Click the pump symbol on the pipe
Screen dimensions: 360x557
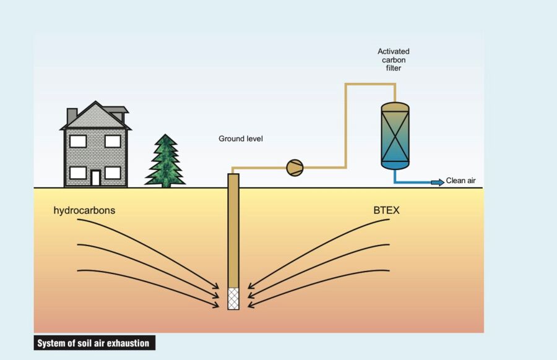pyautogui.click(x=295, y=168)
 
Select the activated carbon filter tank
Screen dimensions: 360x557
pyautogui.click(x=395, y=134)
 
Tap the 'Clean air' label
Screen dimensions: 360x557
pyautogui.click(x=461, y=181)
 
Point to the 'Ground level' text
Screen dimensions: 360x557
pyautogui.click(x=241, y=139)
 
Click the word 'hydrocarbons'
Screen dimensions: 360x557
pyautogui.click(x=84, y=210)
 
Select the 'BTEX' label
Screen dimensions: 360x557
pyautogui.click(x=387, y=210)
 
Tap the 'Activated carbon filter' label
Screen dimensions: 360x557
pyautogui.click(x=394, y=60)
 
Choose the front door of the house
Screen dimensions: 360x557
pyautogui.click(x=95, y=178)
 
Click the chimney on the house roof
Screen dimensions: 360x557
pyautogui.click(x=72, y=115)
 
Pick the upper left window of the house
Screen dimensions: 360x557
pyautogui.click(x=78, y=141)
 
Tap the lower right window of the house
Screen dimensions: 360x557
pyautogui.click(x=113, y=173)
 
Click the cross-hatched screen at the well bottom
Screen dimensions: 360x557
pyautogui.click(x=233, y=298)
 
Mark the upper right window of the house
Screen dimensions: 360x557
pyautogui.click(x=113, y=141)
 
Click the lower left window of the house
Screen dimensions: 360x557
pyautogui.click(x=78, y=173)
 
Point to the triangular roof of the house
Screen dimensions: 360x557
pyautogui.click(x=95, y=118)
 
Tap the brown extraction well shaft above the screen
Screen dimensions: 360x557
pyautogui.click(x=233, y=229)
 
